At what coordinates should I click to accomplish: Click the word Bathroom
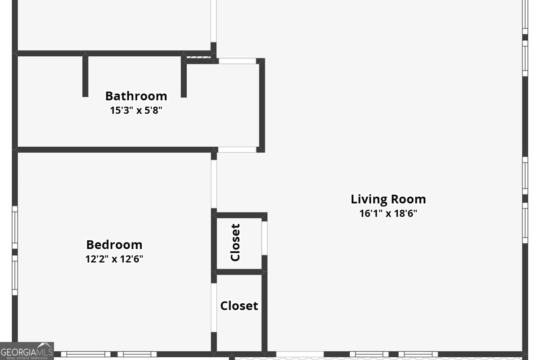tap(136, 96)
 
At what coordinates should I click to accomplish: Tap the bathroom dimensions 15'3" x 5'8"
tap(136, 110)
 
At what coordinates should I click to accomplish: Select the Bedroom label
tap(114, 245)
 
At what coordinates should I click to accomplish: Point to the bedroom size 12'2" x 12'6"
tap(114, 259)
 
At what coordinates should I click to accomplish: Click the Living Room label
tap(388, 199)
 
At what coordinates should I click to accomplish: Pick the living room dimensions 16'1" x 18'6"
tap(388, 213)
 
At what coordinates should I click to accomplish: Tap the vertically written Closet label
tap(235, 243)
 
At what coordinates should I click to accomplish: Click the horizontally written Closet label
tap(239, 306)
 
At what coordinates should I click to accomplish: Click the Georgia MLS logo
tap(27, 351)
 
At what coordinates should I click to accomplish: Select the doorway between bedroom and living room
tap(214, 184)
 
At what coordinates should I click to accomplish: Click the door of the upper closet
tap(265, 238)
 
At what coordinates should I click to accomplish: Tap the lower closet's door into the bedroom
tap(214, 308)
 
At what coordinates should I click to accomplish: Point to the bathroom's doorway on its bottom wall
tap(237, 149)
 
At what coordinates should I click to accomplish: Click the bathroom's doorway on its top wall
tap(237, 61)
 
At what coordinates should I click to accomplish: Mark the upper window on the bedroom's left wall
tap(15, 227)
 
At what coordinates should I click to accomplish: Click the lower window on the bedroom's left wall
tap(15, 275)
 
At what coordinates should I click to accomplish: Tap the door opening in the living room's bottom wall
tap(300, 354)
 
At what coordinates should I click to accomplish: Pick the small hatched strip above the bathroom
tap(198, 57)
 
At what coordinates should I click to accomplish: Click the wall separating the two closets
tap(239, 272)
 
